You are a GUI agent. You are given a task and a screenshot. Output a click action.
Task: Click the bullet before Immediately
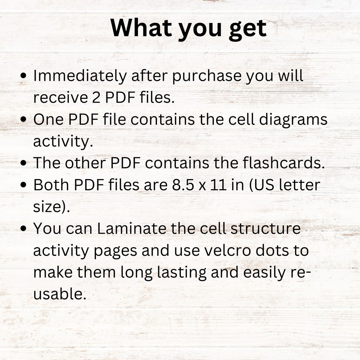pos(23,76)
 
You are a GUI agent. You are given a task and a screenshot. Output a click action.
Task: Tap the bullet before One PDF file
pos(23,120)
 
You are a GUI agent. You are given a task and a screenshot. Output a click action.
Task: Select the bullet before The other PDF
pos(23,163)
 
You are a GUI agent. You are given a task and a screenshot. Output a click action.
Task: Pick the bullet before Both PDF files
pos(23,185)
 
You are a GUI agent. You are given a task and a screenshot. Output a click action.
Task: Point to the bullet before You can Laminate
pos(23,229)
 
